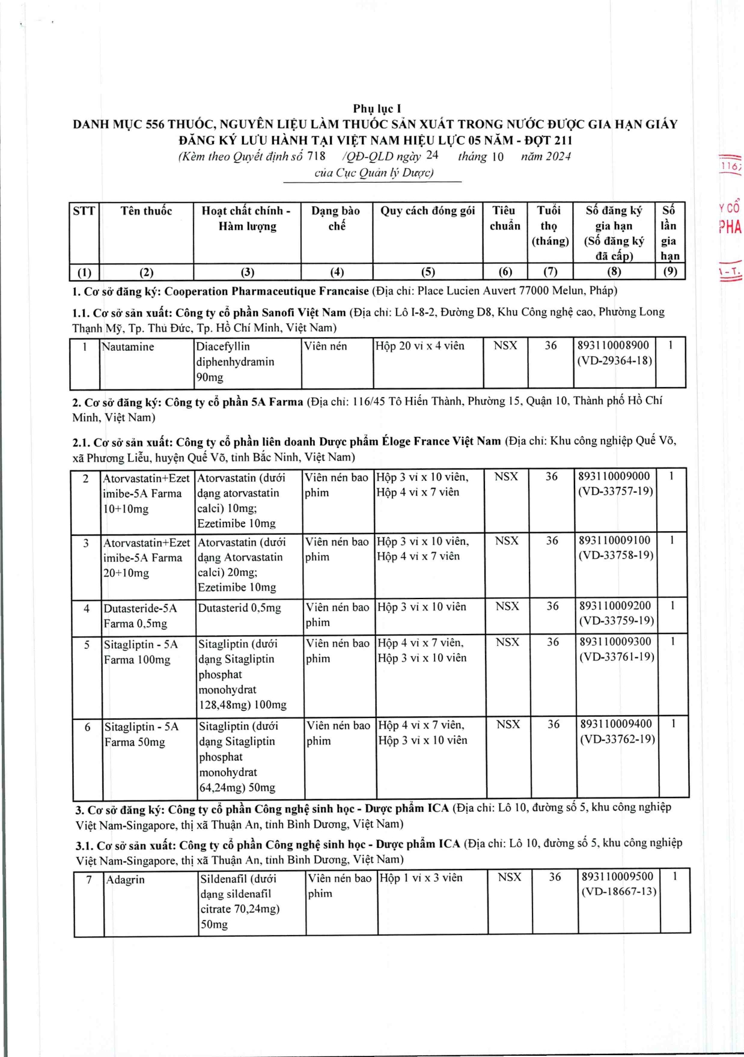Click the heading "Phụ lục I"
point(377,109)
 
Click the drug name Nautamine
point(128,347)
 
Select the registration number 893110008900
point(613,346)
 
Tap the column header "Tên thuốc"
point(146,211)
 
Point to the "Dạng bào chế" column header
point(336,218)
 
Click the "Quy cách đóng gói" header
point(427,211)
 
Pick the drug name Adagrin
point(126,880)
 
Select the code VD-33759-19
point(617,621)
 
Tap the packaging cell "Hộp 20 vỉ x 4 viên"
point(419,346)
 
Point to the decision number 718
point(316,156)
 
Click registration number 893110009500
point(617,876)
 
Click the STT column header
point(84,211)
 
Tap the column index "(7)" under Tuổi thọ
point(550,272)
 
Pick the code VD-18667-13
point(619,892)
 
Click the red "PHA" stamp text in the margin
point(730,227)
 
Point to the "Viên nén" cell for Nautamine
point(325,346)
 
